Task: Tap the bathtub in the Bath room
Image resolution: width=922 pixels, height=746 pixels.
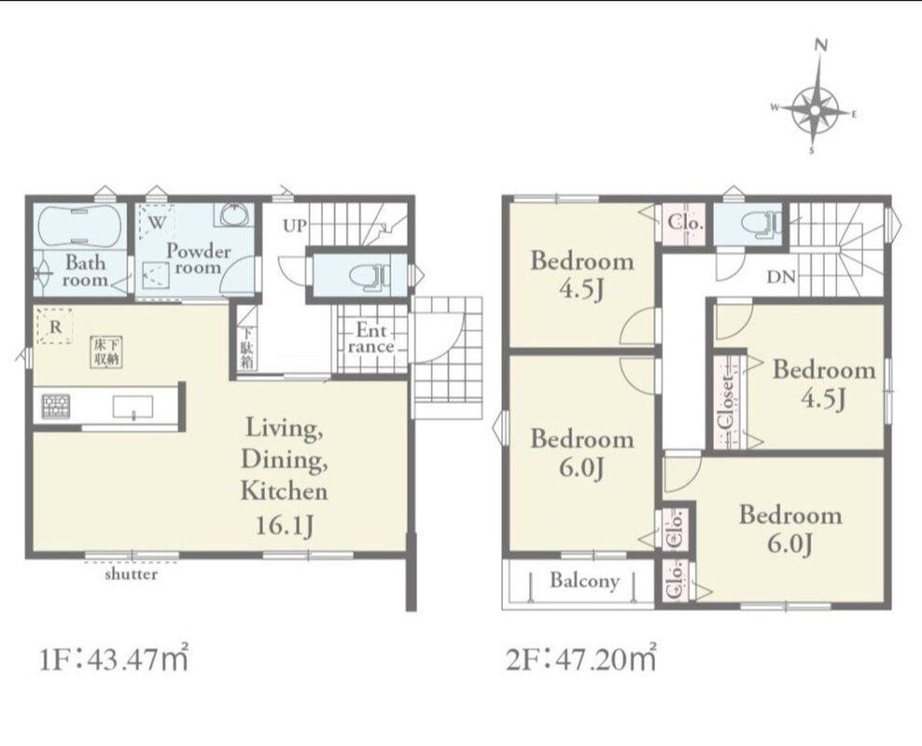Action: coord(80,227)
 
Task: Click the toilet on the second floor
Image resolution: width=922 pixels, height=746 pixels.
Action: coord(761,224)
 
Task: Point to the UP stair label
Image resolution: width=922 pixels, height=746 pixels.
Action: coord(295,226)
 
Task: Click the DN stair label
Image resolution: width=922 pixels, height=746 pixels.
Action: coord(781,277)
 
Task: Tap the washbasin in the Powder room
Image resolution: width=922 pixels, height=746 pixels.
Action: coord(236,215)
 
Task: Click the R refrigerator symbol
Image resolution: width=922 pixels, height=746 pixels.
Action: coord(55,326)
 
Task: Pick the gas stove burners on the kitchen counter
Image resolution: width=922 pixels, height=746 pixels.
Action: coord(56,407)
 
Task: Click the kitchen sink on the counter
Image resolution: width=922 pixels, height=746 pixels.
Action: coord(133,407)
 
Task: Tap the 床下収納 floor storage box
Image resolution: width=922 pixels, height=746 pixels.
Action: coord(106,352)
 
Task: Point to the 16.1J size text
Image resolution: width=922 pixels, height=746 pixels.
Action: coord(284,525)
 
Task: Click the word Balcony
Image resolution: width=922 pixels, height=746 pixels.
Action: coord(584,581)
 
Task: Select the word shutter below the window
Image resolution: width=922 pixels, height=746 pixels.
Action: coord(132,573)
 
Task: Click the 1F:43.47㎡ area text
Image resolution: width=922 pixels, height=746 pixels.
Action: coord(114,659)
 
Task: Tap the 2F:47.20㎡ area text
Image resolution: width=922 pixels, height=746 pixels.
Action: coord(581,659)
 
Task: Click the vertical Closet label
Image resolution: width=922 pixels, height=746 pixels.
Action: coord(727,402)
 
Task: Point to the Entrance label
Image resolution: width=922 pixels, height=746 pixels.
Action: coord(370,338)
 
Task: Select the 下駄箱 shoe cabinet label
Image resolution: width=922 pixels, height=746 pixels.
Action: coord(247,347)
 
